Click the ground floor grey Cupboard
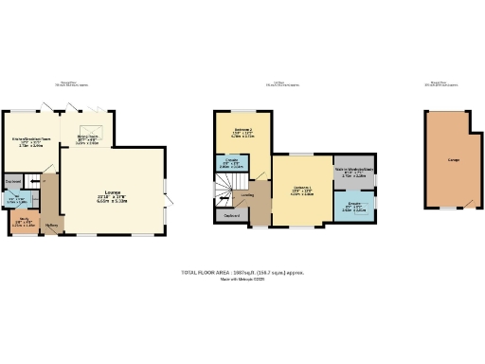coord(13,180)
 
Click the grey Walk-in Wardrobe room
coord(353,173)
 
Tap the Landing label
coord(247,195)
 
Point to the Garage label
coord(454,158)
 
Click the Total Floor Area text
coord(242,273)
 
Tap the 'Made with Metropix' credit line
coord(242,280)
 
